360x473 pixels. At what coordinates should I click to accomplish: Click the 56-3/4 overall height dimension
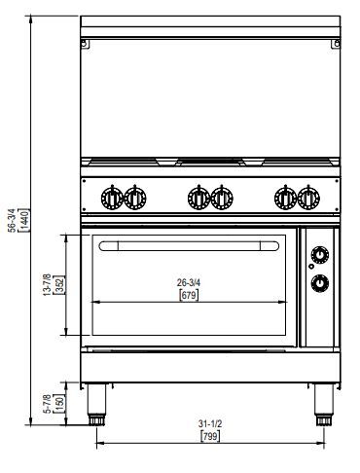12,220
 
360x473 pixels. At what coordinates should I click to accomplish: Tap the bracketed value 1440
25,220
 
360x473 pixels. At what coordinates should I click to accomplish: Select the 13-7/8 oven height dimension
47,284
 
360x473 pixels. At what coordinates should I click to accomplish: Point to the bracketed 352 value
60,285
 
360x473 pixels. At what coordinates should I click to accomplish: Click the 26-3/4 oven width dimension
189,282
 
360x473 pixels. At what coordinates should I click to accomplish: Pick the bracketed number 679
189,295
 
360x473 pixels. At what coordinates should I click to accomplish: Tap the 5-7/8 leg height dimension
48,404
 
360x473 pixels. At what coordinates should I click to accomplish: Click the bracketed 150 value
60,404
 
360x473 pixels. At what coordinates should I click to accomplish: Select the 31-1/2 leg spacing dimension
210,423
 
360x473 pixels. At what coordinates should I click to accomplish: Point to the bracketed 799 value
210,436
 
